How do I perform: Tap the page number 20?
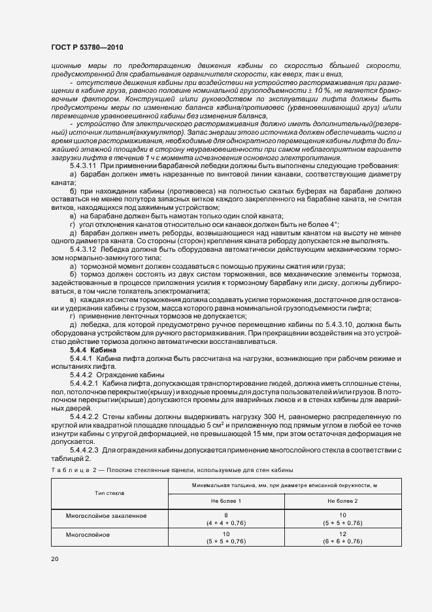coord(55,558)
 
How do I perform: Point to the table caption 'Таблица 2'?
coord(73,469)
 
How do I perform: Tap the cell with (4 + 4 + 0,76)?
coord(225,523)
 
